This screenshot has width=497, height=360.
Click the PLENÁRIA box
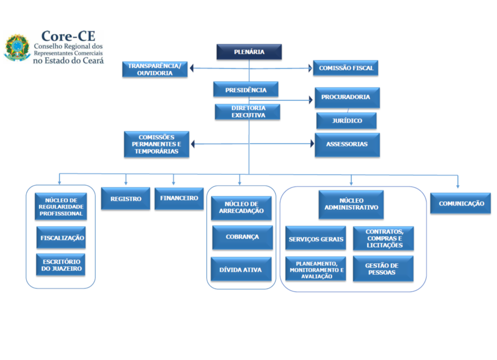249,51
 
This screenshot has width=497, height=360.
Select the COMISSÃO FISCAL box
346,68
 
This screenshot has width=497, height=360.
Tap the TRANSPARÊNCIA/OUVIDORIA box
155,69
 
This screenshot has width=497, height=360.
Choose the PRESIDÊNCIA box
246,89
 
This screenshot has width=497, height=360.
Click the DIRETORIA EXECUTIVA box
248,112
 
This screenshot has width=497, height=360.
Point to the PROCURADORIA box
347,98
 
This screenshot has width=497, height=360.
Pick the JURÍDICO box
347,121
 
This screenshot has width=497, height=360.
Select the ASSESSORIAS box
347,145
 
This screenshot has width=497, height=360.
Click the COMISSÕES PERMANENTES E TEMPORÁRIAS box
157,144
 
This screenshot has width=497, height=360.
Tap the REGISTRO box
126,199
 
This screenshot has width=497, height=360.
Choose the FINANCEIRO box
179,199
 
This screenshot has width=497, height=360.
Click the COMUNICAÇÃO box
461,203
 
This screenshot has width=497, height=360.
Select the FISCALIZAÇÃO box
61,238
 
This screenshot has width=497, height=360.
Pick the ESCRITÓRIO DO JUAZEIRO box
61,265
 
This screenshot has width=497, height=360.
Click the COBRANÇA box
243,238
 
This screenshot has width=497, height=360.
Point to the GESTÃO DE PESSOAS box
383,269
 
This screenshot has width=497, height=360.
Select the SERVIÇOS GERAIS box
315,238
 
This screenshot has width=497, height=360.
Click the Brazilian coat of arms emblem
17,48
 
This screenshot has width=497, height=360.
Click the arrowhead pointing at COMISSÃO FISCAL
310,68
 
